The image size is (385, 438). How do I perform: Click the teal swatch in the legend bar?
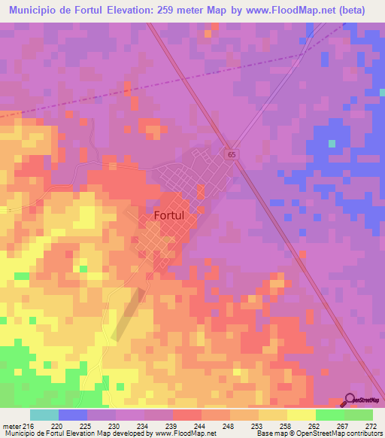44,415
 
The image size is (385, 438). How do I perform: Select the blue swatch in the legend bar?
72,415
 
